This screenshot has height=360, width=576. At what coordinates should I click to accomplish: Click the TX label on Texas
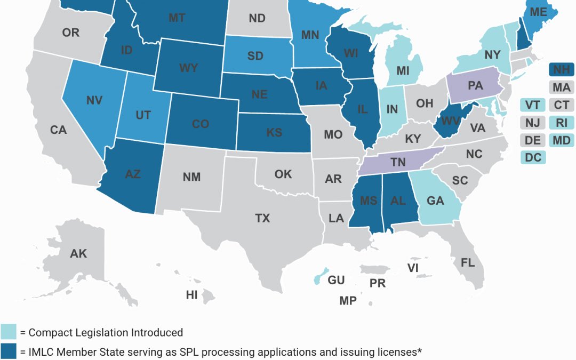pos(262,218)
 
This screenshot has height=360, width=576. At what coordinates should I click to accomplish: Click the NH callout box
pos(561,69)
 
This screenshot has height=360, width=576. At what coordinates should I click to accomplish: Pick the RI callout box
pos(561,123)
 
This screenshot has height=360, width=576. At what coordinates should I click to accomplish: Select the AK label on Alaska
pos(78,254)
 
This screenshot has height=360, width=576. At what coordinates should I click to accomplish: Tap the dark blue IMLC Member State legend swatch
pos(8,351)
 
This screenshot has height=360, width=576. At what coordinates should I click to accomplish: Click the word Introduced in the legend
pos(155,333)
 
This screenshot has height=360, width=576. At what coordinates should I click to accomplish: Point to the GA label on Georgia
pos(435,201)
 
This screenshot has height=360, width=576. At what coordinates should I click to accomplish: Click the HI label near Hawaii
pos(191,294)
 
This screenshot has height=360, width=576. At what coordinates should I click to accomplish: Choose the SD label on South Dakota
pos(255,55)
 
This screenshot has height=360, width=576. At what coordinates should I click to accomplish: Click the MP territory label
pos(348,301)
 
